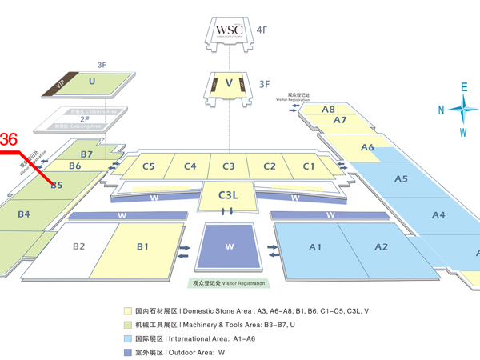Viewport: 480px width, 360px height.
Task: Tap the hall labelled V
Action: pyautogui.click(x=230, y=82)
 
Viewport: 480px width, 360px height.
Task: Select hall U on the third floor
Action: pyautogui.click(x=92, y=82)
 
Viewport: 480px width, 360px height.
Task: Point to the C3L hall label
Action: pyautogui.click(x=229, y=192)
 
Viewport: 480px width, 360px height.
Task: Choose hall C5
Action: pyautogui.click(x=149, y=166)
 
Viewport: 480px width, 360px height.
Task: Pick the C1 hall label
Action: pyautogui.click(x=309, y=166)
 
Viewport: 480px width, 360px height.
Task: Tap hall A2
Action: pyautogui.click(x=381, y=247)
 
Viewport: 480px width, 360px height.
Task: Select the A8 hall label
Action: pyautogui.click(x=328, y=109)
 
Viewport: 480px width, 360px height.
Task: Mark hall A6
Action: pyautogui.click(x=367, y=147)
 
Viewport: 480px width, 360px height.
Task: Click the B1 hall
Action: pyautogui.click(x=142, y=247)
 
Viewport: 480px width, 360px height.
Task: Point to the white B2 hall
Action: pyautogui.click(x=78, y=246)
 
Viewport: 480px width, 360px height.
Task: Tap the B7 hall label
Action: pyautogui.click(x=87, y=154)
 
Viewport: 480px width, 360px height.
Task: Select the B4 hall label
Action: pyautogui.click(x=24, y=214)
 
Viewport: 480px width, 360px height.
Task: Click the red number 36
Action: pyautogui.click(x=9, y=139)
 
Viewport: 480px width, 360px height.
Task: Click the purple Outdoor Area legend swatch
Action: pyautogui.click(x=128, y=351)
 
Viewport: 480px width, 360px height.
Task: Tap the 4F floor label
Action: pyautogui.click(x=262, y=30)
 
